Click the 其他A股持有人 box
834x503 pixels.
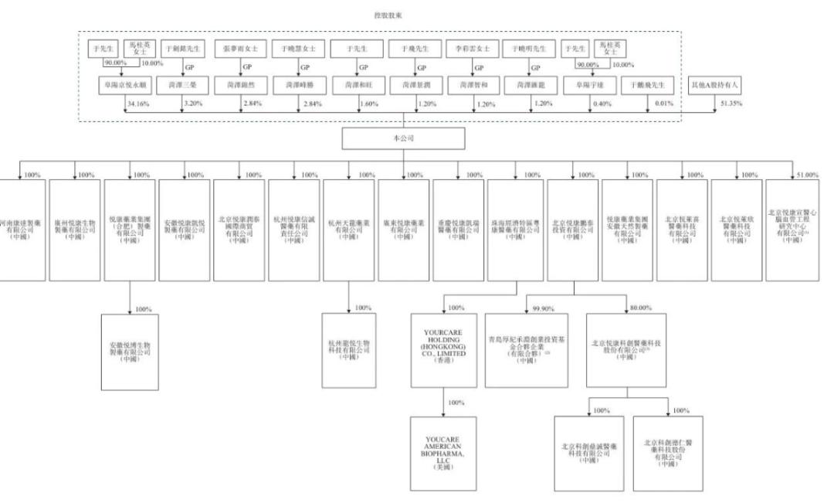pyautogui.click(x=714, y=84)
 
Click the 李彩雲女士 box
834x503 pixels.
pyautogui.click(x=467, y=48)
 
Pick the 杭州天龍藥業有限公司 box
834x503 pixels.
pyautogui.click(x=349, y=217)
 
